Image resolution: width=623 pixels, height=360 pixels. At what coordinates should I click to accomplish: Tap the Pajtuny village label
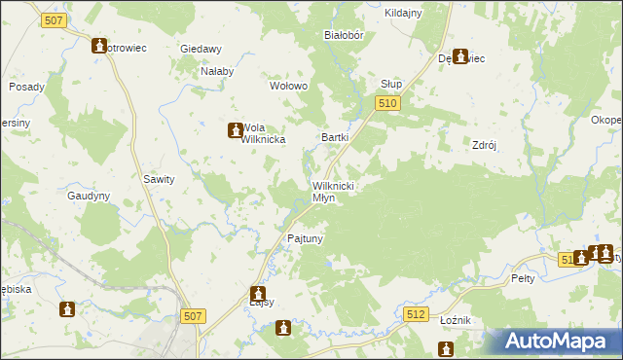pyautogui.click(x=305, y=237)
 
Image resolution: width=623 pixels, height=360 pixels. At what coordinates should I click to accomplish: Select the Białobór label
pyautogui.click(x=343, y=34)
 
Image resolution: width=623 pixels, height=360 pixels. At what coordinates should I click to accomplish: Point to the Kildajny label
pyautogui.click(x=403, y=13)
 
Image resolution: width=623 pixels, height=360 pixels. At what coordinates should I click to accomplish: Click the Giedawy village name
pyautogui.click(x=202, y=49)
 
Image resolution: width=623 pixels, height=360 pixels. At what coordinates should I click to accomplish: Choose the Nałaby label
pyautogui.click(x=217, y=71)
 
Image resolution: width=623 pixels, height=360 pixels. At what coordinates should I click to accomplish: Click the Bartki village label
pyautogui.click(x=335, y=137)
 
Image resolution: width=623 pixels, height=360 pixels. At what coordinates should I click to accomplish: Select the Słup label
pyautogui.click(x=391, y=85)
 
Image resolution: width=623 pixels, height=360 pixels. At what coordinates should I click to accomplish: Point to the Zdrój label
pyautogui.click(x=484, y=145)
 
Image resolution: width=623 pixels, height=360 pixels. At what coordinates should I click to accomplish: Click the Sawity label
pyautogui.click(x=159, y=179)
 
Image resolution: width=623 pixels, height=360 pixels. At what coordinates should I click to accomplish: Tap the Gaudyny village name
pyautogui.click(x=89, y=195)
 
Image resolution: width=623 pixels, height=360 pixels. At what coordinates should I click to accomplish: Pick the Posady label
pyautogui.click(x=26, y=87)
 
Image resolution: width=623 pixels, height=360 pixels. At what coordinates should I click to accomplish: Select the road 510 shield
pyautogui.click(x=387, y=103)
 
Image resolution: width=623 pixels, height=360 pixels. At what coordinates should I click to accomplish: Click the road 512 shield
pyautogui.click(x=417, y=314)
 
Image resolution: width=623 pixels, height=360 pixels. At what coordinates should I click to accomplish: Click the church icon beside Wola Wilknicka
pyautogui.click(x=235, y=129)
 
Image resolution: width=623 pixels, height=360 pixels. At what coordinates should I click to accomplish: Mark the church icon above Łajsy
pyautogui.click(x=258, y=292)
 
